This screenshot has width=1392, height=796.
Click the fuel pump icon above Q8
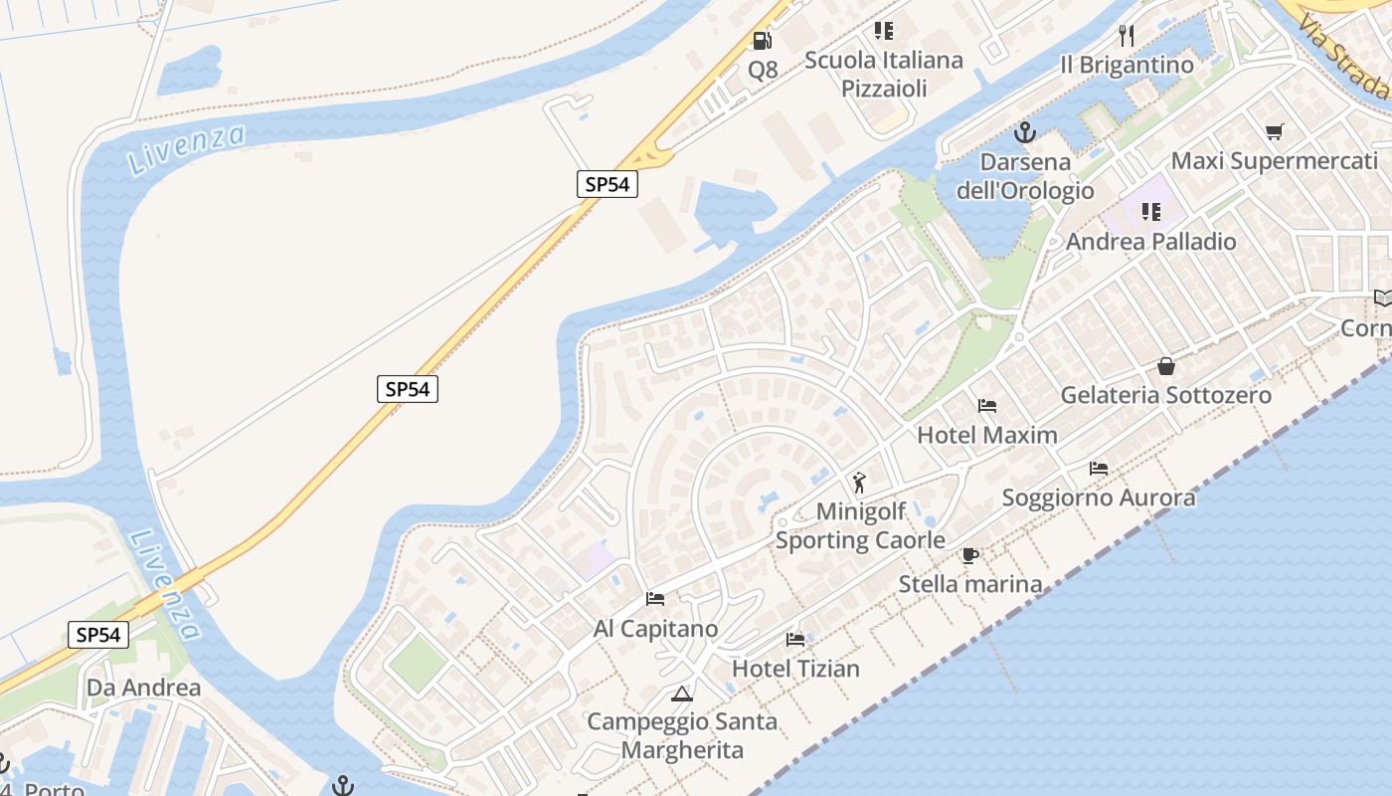(762, 41)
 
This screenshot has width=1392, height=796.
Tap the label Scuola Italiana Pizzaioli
(884, 74)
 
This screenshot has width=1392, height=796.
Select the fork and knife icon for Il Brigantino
(1127, 36)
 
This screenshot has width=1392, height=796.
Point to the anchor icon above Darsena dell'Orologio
(1024, 132)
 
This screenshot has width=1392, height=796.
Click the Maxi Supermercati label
(1275, 161)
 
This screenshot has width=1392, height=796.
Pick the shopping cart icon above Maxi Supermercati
(1275, 131)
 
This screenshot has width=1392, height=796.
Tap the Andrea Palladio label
(1151, 242)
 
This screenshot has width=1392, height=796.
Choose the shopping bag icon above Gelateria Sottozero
(1166, 366)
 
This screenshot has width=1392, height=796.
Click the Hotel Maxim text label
(986, 435)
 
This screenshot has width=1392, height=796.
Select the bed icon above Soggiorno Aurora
(1099, 468)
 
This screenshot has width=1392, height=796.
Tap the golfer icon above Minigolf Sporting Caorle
(859, 484)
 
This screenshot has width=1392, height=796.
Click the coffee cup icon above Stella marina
(970, 555)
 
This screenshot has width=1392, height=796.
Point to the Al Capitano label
(655, 629)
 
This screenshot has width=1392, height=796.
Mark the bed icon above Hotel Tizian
(795, 639)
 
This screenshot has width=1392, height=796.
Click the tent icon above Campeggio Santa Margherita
(681, 694)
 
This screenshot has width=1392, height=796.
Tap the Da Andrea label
(143, 688)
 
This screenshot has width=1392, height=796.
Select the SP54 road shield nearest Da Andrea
(98, 635)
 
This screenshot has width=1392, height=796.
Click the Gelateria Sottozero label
(1165, 395)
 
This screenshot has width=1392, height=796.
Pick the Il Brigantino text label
(1127, 65)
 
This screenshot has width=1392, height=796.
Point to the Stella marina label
(970, 584)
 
